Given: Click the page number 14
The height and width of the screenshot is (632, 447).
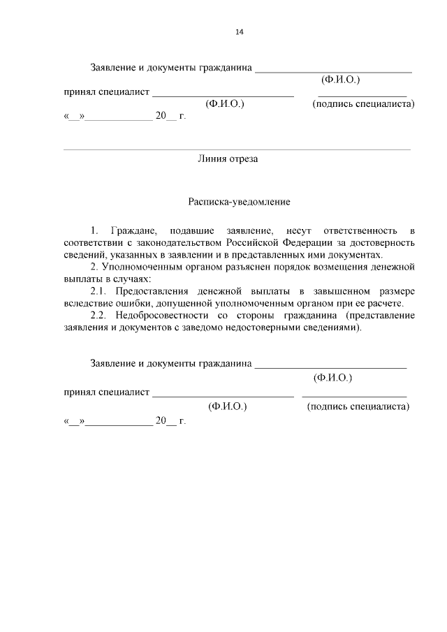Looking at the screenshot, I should (x=239, y=32).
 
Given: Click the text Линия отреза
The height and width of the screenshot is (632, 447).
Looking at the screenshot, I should (x=228, y=159).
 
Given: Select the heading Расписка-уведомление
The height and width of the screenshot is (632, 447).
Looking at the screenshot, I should (x=239, y=202).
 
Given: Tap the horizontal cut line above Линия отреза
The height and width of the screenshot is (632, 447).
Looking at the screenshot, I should (x=237, y=149).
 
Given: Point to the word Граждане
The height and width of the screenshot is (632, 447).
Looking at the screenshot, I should (x=134, y=230).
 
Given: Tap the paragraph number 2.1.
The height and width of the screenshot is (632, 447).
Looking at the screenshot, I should (x=101, y=291).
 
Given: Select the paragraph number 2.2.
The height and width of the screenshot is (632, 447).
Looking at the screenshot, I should (x=101, y=316).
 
